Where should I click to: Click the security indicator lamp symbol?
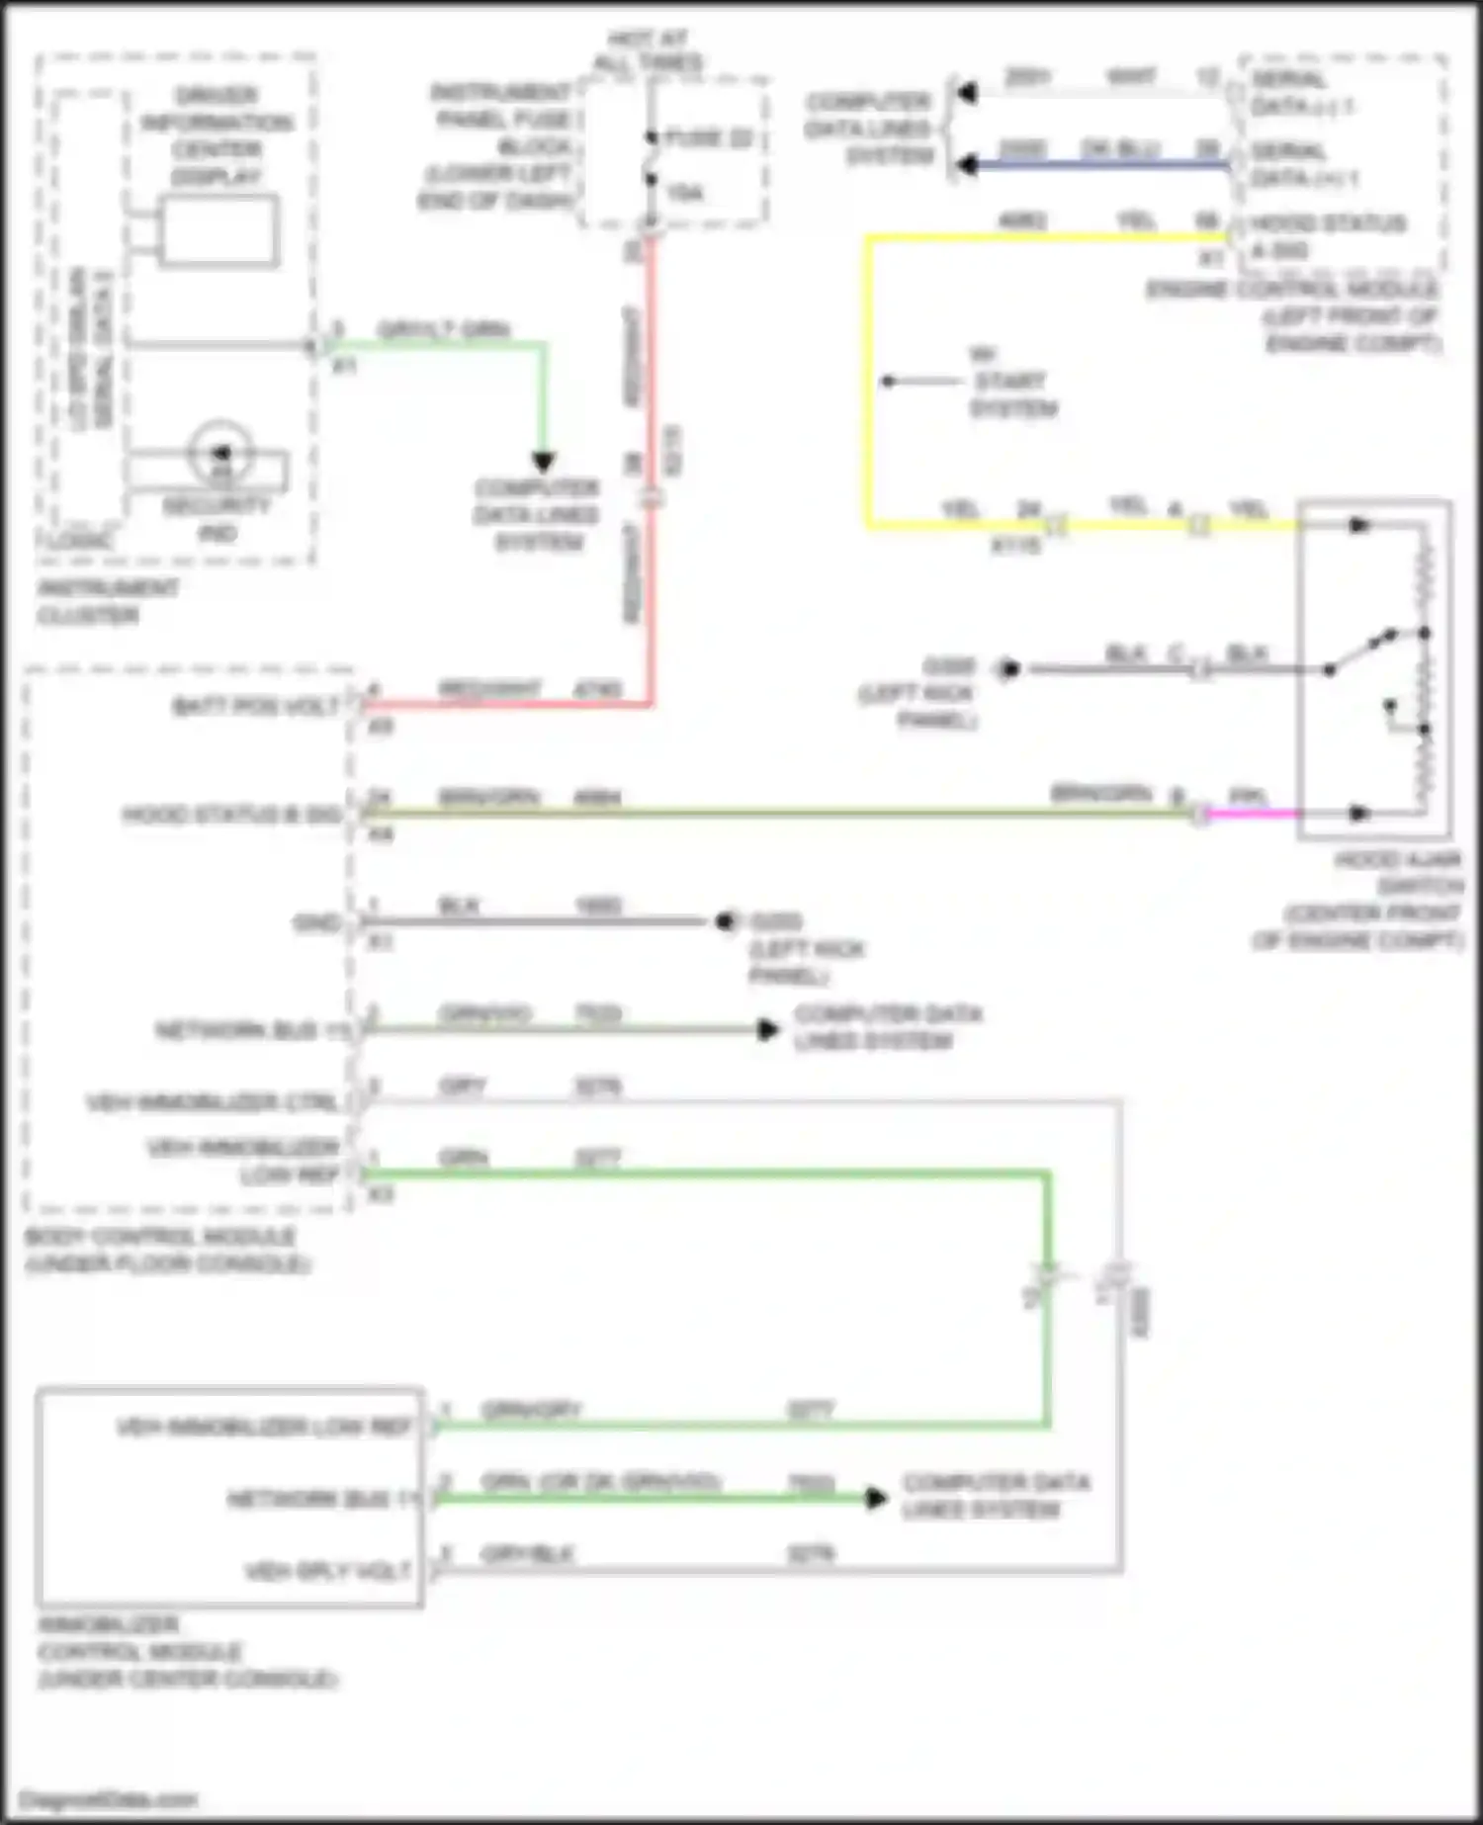point(220,453)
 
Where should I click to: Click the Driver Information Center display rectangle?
point(218,231)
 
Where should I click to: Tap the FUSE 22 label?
point(709,137)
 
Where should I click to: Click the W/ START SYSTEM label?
point(1008,382)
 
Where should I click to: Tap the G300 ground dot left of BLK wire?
point(1007,670)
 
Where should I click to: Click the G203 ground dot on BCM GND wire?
point(726,921)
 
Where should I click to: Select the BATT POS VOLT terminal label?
point(255,706)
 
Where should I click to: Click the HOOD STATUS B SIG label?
point(231,815)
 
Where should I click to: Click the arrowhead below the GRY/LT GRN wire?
point(543,461)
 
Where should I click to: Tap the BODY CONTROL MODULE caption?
point(163,1251)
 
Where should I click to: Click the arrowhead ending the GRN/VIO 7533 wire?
point(767,1030)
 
